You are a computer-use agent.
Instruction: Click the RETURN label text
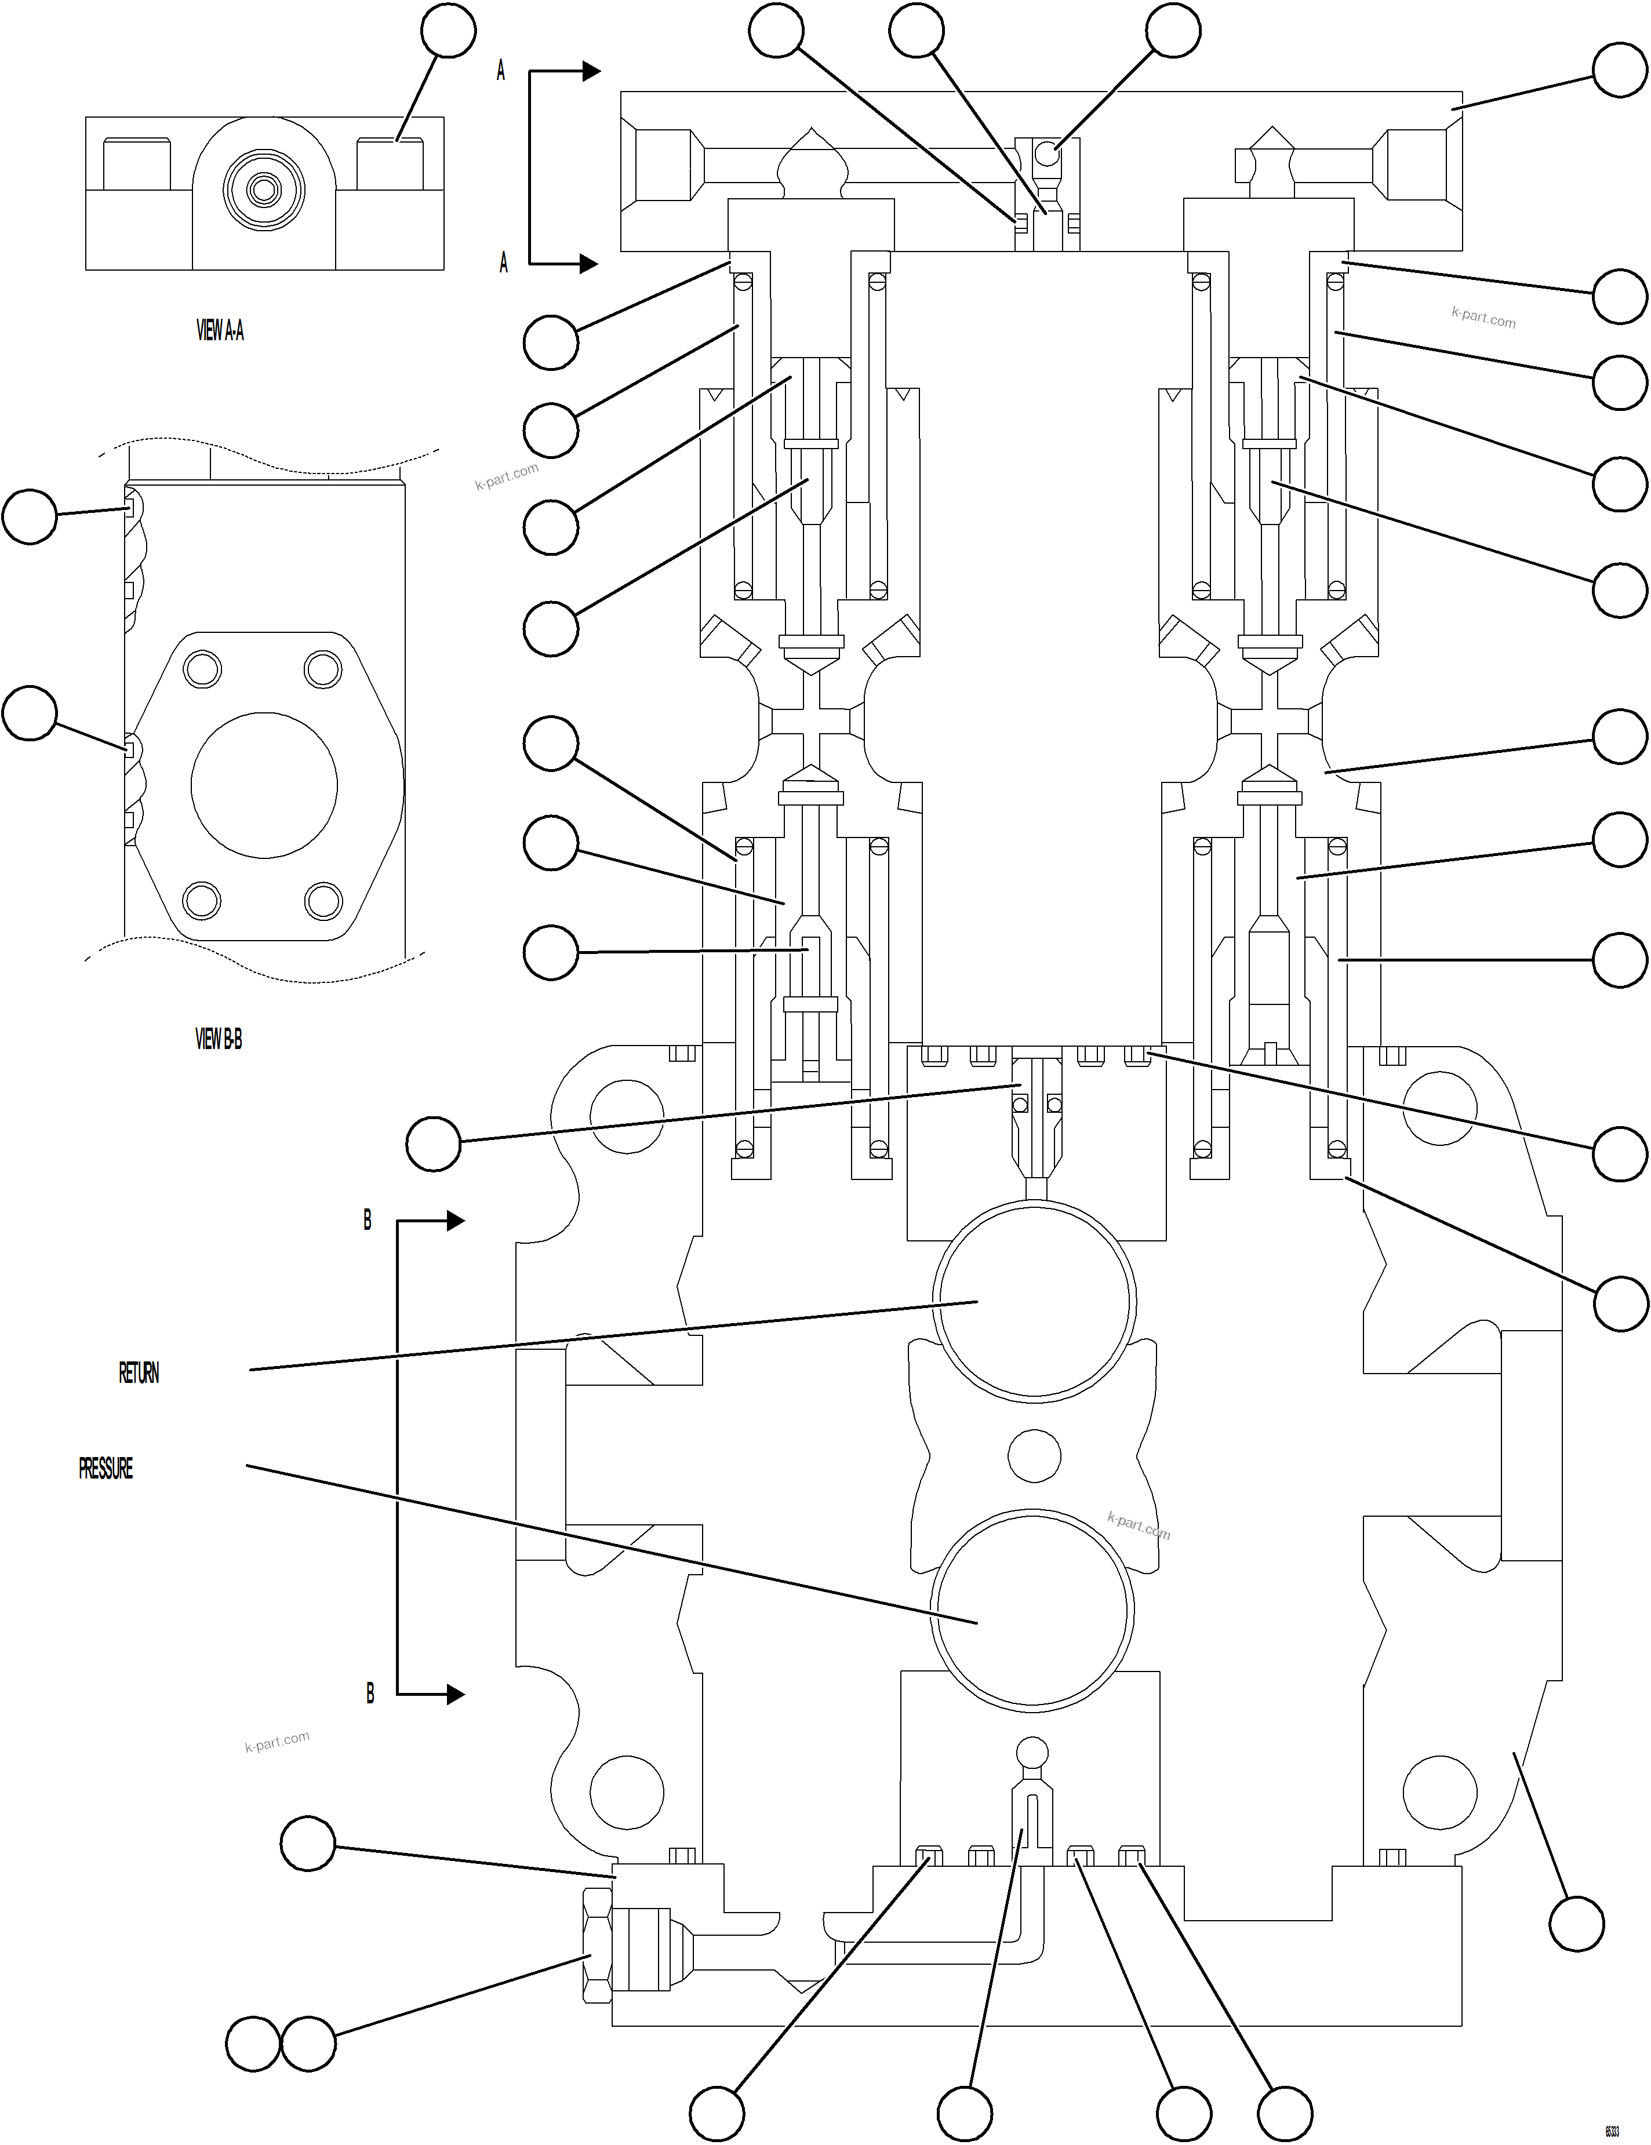139,1373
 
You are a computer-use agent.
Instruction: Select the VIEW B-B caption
218,1039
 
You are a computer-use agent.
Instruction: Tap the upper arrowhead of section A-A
590,71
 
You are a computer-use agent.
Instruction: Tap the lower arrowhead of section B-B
454,1694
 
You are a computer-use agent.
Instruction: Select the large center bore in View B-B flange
264,786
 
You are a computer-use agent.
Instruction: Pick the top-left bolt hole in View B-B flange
202,670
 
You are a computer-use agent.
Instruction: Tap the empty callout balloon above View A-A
448,31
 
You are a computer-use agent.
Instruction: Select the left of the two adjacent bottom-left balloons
253,2045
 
